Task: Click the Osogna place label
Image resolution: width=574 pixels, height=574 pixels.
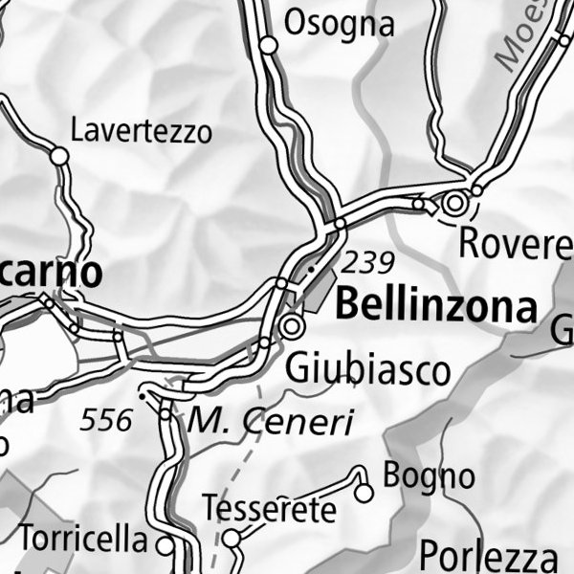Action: (x=340, y=23)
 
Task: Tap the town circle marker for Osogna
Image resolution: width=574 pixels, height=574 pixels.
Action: (x=269, y=45)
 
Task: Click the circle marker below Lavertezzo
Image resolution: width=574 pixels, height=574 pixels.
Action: (x=59, y=155)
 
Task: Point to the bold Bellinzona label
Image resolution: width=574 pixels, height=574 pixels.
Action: (x=436, y=307)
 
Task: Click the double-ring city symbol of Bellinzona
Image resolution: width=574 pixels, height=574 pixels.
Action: (x=292, y=327)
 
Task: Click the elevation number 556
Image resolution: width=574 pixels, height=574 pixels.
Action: (x=106, y=419)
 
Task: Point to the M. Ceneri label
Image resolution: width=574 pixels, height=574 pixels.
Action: (x=271, y=419)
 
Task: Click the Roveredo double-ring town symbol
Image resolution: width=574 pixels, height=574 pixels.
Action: (x=455, y=203)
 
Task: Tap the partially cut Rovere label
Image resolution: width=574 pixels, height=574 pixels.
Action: (x=516, y=244)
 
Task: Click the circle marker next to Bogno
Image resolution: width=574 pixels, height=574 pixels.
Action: (x=364, y=493)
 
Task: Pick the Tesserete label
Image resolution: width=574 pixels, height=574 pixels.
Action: (x=270, y=508)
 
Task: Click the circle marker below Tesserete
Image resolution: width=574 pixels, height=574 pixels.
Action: (x=231, y=539)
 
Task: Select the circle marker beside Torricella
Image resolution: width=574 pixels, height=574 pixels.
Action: (x=166, y=546)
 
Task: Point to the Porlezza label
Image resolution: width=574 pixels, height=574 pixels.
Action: (x=488, y=556)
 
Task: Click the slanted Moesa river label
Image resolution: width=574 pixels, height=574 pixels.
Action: (x=518, y=38)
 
